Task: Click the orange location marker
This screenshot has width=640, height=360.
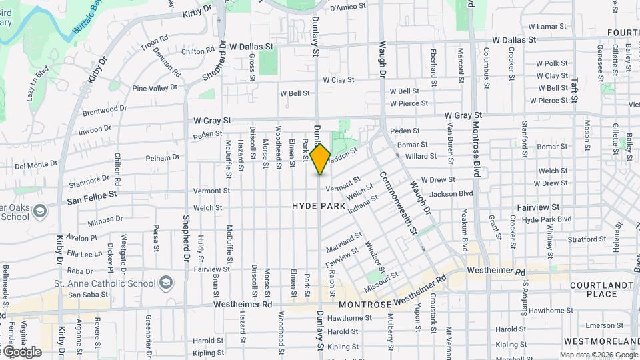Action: pyautogui.click(x=320, y=159)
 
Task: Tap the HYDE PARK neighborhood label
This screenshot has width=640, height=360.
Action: pyautogui.click(x=319, y=207)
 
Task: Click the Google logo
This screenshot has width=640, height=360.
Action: pyautogui.click(x=21, y=351)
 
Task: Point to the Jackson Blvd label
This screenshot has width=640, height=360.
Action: pyautogui.click(x=451, y=194)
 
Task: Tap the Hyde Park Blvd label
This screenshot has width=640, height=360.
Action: pyautogui.click(x=547, y=219)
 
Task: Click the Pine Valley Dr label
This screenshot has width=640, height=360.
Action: pyautogui.click(x=155, y=87)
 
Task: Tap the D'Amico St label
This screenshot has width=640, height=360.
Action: pyautogui.click(x=349, y=7)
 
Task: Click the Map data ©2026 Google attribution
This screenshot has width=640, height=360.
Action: pyautogui.click(x=598, y=355)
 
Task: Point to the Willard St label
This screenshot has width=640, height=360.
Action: pyautogui.click(x=421, y=156)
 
